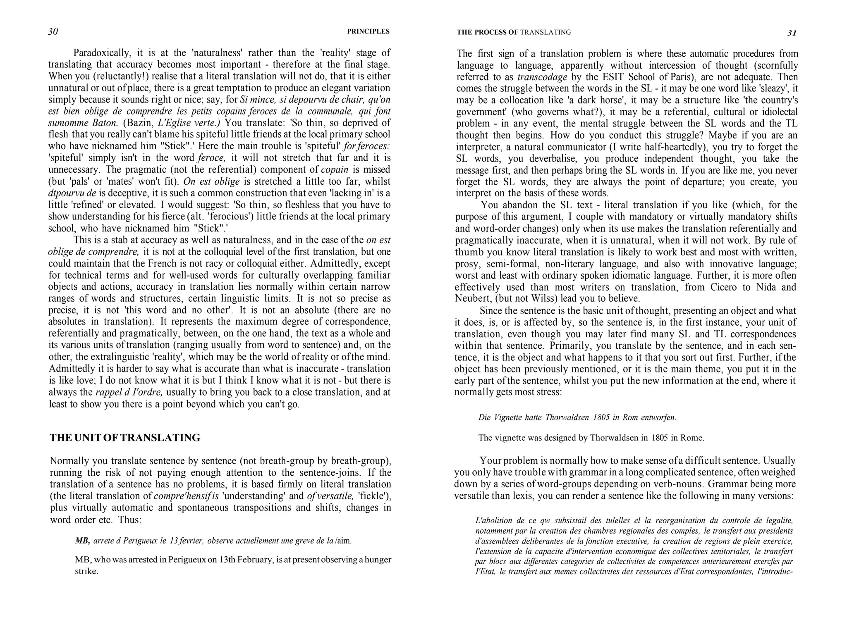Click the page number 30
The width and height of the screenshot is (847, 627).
point(53,32)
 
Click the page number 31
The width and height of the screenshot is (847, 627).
point(792,33)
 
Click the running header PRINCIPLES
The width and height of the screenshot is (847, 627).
point(368,31)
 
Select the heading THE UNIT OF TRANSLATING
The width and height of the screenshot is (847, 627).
point(125,438)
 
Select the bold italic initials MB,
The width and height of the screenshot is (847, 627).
point(83,541)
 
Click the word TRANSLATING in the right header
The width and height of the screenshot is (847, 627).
point(545,32)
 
